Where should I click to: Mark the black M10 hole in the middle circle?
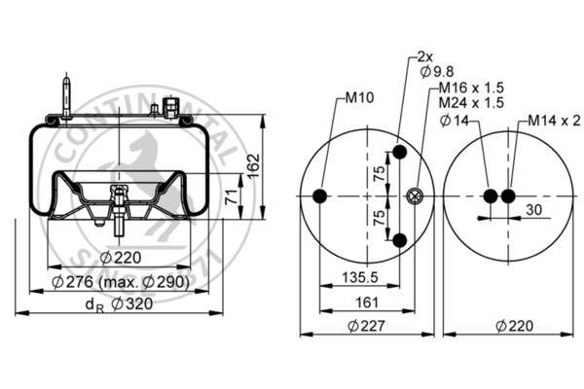pos(319,197)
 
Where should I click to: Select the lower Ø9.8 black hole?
pos(398,240)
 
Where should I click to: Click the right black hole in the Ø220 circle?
pos(509,197)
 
